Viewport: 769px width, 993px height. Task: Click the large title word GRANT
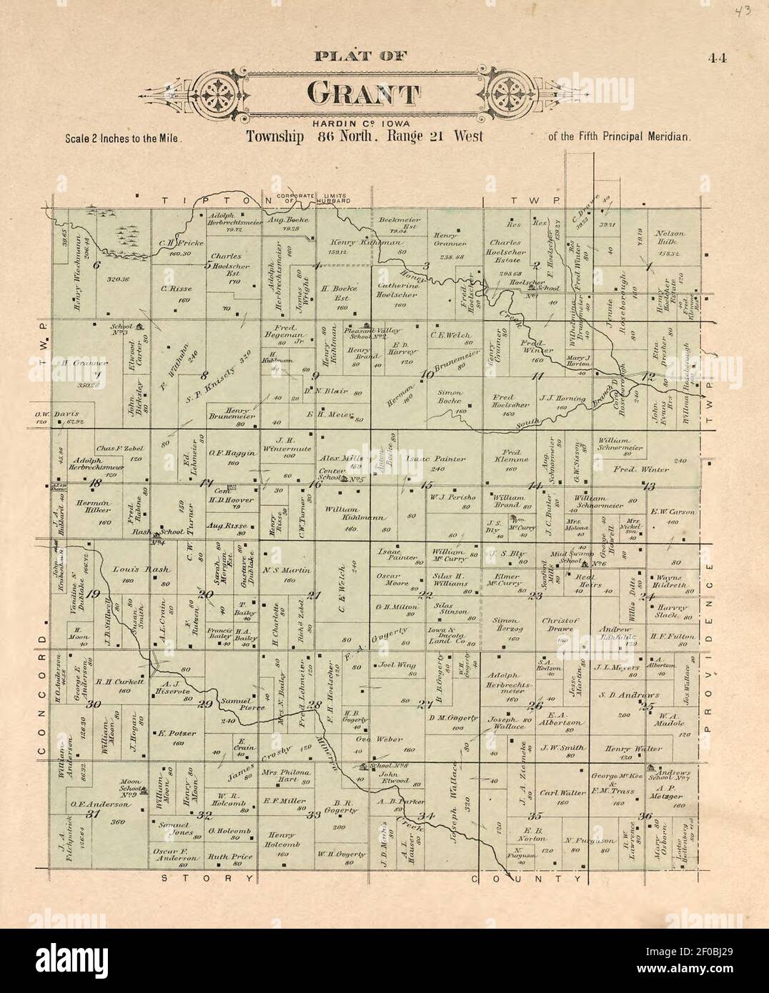pos(363,94)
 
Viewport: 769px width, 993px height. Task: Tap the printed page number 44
pos(718,59)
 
